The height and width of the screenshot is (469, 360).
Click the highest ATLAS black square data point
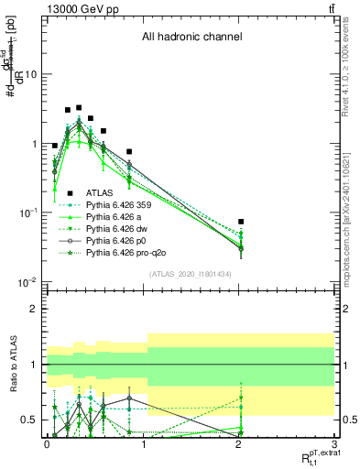coord(79,108)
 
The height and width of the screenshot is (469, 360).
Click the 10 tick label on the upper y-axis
coord(30,74)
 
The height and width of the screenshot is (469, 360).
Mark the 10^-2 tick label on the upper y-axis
coord(28,282)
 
